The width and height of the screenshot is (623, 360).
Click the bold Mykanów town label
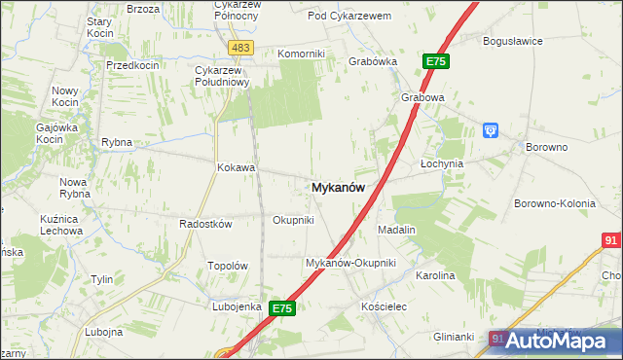tap(339, 189)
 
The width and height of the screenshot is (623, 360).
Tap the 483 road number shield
tap(240, 47)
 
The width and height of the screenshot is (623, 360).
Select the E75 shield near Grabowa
tap(436, 61)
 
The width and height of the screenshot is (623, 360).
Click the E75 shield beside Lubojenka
tap(282, 308)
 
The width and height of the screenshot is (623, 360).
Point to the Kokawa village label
tap(236, 167)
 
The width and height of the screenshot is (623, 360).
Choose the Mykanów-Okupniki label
tap(350, 263)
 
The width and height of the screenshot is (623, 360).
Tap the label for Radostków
tap(205, 224)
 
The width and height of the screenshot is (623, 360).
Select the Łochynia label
tap(442, 163)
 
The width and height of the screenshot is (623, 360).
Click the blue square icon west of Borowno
tap(492, 129)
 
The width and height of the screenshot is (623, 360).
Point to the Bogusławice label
tap(513, 41)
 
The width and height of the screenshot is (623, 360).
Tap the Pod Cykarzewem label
tap(348, 16)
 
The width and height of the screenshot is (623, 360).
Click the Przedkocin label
tap(133, 64)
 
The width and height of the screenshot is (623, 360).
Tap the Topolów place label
tap(229, 266)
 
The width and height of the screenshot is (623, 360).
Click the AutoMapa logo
tap(557, 341)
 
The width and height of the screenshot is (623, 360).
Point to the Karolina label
tap(435, 275)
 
